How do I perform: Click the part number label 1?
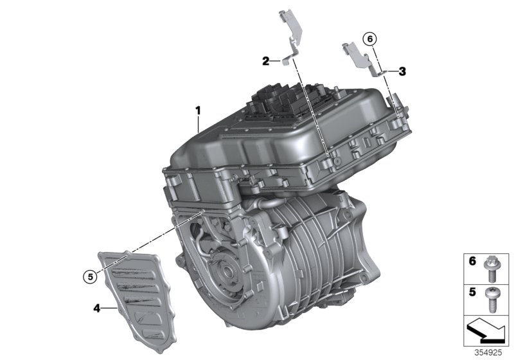(x=199, y=111)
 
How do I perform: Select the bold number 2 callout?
(x=265, y=61)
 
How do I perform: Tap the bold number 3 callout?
(x=402, y=71)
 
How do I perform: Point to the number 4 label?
(x=97, y=309)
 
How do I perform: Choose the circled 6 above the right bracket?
(x=368, y=39)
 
